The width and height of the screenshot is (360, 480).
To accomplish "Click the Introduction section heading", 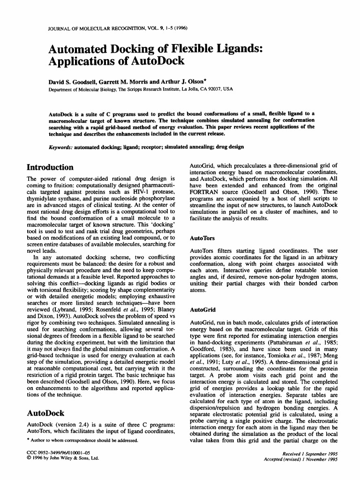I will click(x=50, y=167).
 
